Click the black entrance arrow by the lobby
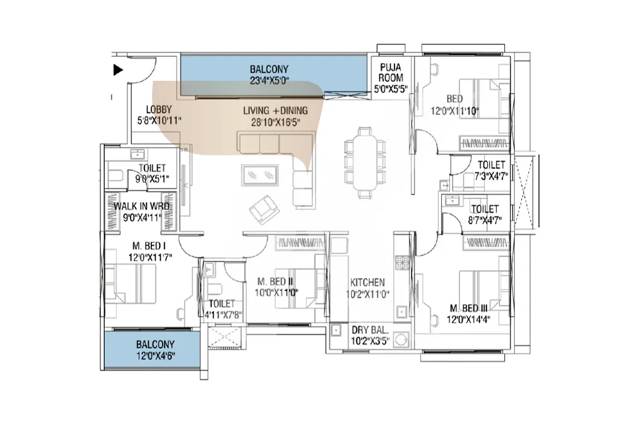pos(117,70)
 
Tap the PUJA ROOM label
pos(391,73)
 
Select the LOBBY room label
pos(158,109)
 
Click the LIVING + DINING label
pos(275,110)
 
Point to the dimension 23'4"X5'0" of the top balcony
pos(269,81)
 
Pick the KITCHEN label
pos(367,283)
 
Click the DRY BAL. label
pos(370,331)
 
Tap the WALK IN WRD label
pos(141,206)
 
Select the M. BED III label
pos(468,309)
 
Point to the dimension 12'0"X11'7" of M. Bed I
pos(150,257)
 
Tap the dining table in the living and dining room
pos(365,163)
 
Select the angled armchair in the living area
pos(264,209)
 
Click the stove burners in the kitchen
pos(402,262)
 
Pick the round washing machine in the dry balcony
pos(401,340)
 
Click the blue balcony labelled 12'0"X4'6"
pos(152,349)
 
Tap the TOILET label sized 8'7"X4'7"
pos(485,209)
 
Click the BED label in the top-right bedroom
pos(454,99)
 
